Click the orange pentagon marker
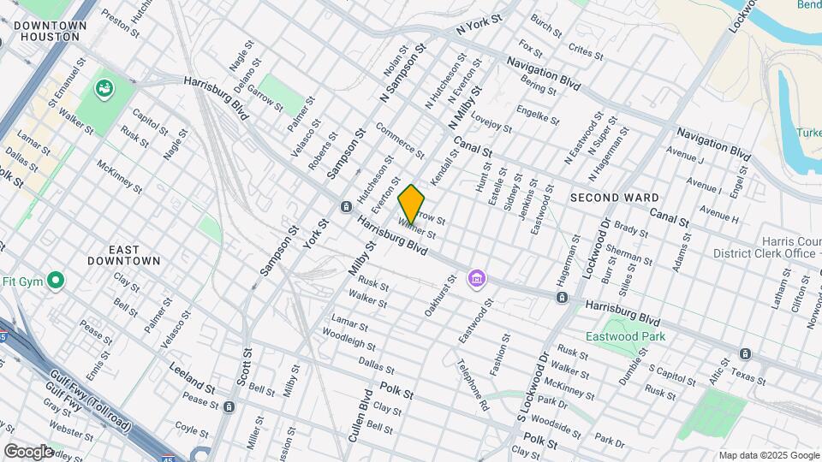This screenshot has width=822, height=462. tap(411, 205)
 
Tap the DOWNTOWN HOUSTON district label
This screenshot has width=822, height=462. tap(51, 32)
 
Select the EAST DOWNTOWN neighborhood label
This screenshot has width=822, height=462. tap(125, 254)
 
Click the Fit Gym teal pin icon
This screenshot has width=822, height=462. tap(57, 281)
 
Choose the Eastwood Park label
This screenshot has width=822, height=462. tap(625, 336)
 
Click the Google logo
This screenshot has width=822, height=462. tap(28, 451)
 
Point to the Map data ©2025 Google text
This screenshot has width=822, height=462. tap(768, 455)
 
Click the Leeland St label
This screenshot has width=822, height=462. tap(190, 380)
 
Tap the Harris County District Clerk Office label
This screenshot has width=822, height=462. tap(764, 247)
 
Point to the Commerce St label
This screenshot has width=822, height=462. tap(400, 141)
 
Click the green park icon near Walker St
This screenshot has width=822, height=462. tap(104, 87)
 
